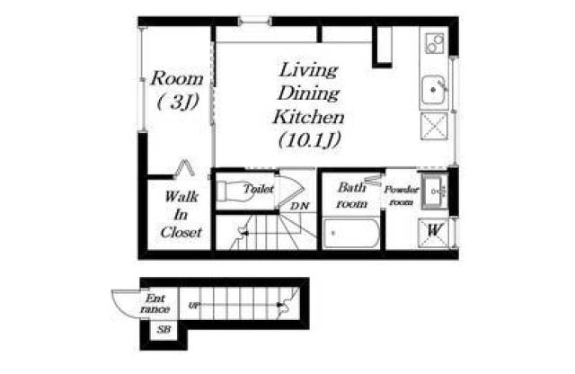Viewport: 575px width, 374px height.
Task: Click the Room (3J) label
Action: [x=177, y=90]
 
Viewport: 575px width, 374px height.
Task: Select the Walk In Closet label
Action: [x=181, y=214]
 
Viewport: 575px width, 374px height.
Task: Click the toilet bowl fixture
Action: [x=234, y=191]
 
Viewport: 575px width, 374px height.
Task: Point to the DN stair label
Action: [x=299, y=206]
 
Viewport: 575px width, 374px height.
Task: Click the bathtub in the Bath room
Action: [x=351, y=234]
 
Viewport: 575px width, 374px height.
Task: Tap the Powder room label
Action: [x=401, y=196]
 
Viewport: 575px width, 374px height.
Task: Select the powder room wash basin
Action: [x=435, y=191]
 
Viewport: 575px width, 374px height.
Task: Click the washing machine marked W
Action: [x=433, y=232]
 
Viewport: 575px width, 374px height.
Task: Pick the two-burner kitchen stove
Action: [x=435, y=43]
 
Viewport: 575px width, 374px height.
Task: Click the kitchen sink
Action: [x=433, y=90]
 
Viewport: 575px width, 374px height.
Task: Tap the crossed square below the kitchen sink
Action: [x=434, y=126]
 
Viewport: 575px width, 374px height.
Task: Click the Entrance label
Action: [x=155, y=304]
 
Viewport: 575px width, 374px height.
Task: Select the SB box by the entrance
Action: [x=164, y=329]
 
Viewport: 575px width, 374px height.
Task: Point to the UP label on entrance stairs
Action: [x=194, y=305]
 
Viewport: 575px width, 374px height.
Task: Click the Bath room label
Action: [x=351, y=195]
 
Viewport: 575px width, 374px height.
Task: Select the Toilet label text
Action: [x=259, y=189]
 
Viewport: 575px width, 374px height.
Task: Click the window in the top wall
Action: [x=255, y=22]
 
